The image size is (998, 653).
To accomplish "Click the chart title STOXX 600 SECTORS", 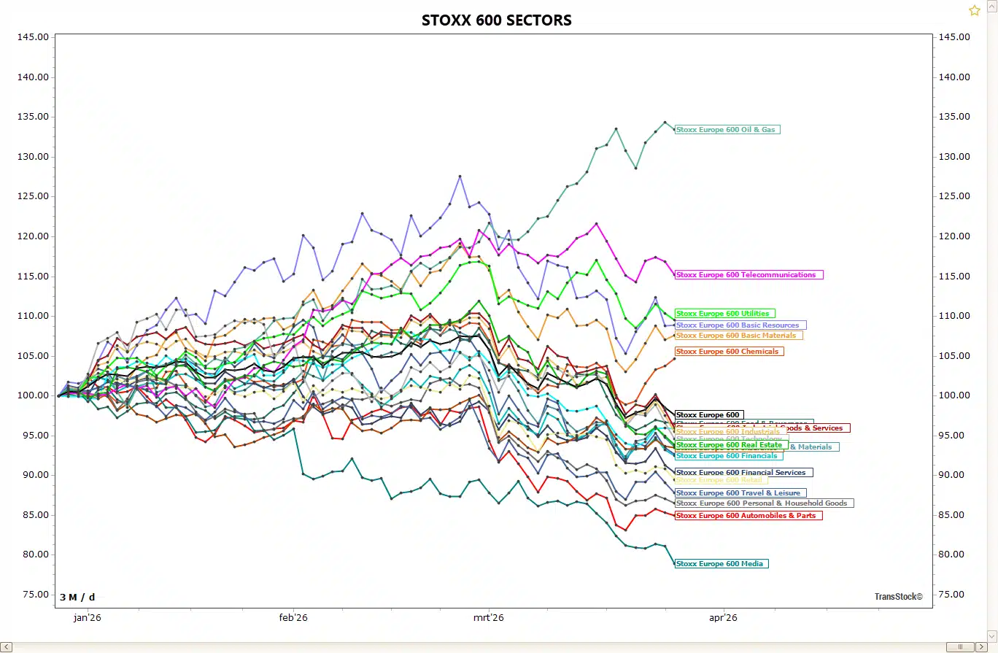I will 496,20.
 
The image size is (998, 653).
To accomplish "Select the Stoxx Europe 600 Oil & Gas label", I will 727,130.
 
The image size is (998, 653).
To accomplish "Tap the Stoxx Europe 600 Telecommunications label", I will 748,275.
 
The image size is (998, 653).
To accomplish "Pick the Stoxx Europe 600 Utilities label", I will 724,314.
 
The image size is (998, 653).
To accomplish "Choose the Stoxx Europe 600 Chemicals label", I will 729,352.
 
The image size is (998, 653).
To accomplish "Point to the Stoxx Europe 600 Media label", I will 721,564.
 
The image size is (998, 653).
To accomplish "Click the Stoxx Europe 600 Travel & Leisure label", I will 740,493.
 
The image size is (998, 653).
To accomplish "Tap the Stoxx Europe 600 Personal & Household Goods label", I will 764,503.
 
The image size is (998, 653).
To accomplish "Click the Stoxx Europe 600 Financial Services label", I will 743,473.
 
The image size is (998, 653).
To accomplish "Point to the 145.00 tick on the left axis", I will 31,37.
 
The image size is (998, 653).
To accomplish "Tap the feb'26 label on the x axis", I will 293,618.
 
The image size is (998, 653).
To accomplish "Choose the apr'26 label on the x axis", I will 723,618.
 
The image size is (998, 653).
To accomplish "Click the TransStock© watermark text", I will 898,597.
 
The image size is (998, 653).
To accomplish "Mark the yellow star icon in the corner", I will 975,10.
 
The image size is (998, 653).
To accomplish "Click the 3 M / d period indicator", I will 77,598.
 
